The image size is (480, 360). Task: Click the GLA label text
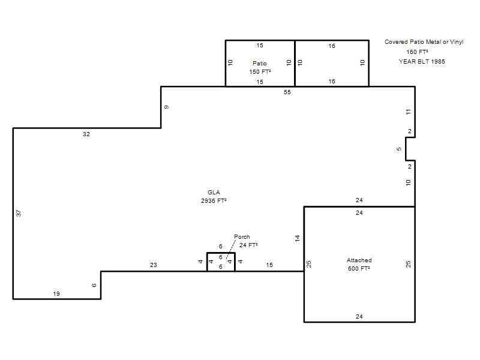214,192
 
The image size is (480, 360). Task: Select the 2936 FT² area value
214,201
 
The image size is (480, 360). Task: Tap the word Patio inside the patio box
260,64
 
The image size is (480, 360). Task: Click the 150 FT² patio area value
260,71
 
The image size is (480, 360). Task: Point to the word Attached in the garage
359,260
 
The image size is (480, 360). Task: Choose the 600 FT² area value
359,268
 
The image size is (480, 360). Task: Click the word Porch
242,236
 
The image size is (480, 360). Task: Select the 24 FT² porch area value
248,245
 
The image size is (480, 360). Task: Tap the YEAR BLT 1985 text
422,62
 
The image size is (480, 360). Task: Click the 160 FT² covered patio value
417,52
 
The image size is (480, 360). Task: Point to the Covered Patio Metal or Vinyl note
424,42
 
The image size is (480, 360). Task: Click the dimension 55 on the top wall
287,92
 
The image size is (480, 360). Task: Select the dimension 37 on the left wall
19,213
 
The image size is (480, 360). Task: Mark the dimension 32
86,134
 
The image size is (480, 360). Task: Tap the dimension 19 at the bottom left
56,293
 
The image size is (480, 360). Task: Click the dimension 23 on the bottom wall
154,265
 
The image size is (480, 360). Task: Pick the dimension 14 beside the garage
297,238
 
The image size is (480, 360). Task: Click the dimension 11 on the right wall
409,112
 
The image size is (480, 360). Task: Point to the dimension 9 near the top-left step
166,107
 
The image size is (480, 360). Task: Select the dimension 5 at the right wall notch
398,149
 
